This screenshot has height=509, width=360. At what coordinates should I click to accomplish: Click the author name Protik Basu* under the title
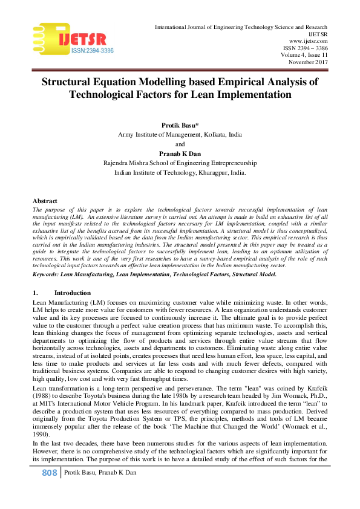tap(180, 125)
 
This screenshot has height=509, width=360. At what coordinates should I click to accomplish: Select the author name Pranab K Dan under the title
tap(180, 154)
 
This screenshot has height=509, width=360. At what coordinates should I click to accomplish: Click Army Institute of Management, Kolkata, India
tap(180, 134)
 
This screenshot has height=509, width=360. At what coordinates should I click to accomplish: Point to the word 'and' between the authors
tap(180, 144)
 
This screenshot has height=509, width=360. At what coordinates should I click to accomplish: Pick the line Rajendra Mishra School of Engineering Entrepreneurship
tap(180, 163)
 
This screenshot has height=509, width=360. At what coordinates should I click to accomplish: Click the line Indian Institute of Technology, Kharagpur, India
tap(180, 172)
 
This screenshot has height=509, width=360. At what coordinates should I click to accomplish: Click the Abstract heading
tap(45, 201)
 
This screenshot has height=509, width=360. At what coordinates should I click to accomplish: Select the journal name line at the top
tap(241, 28)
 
